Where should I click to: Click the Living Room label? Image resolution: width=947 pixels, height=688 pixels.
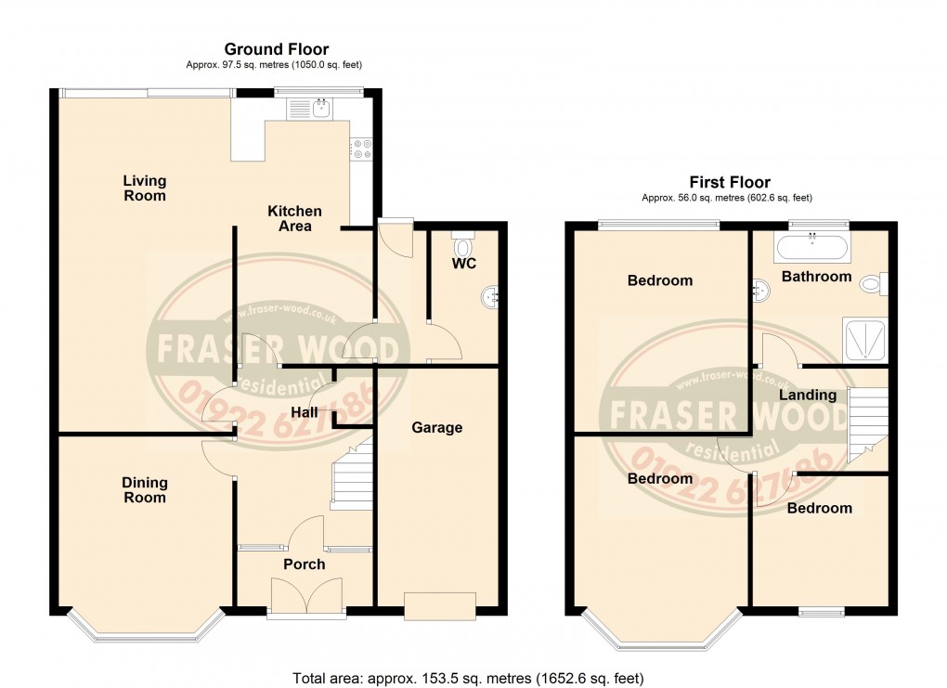point(145,188)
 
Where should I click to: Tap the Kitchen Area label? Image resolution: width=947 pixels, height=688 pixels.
point(294,218)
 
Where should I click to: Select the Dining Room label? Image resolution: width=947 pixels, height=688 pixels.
point(145,489)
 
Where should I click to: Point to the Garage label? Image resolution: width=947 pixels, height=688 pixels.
point(436,427)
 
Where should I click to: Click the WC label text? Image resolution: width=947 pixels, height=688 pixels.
point(464,265)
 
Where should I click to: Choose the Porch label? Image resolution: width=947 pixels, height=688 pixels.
point(305,564)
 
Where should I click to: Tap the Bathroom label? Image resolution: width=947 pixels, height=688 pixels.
point(816,276)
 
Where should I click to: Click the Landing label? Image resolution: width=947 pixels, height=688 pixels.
point(807,395)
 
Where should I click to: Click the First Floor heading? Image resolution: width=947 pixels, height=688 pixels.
point(729,182)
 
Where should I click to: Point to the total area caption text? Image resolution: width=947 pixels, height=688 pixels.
point(467,678)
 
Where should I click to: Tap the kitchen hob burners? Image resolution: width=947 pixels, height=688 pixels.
point(360,149)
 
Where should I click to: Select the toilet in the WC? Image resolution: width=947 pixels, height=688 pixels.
point(463,247)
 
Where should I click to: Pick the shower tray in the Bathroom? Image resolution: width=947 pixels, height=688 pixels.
point(864,340)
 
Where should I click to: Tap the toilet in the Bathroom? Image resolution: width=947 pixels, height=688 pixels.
point(875,283)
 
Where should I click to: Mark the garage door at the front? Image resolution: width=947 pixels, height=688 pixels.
point(441,605)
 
